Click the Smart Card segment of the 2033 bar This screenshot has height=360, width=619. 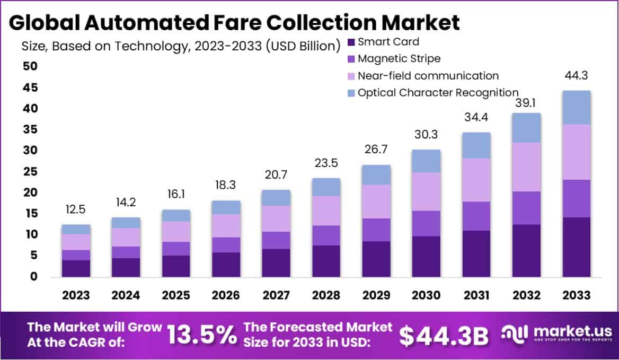point(577,247)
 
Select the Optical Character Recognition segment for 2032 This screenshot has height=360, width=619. point(526,128)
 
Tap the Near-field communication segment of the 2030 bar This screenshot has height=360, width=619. point(426,191)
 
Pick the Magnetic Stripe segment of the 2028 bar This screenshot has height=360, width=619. point(326,235)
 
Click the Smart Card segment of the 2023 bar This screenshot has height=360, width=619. point(76,268)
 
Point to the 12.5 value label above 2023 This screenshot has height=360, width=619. point(76,209)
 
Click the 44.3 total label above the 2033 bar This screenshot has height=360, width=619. point(577,75)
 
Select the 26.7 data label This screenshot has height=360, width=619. point(376,150)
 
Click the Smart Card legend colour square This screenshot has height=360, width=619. point(351,41)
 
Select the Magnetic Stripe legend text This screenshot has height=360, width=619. point(399,58)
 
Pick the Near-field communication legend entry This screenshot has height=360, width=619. point(428,76)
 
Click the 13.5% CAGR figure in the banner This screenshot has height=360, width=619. point(202,334)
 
